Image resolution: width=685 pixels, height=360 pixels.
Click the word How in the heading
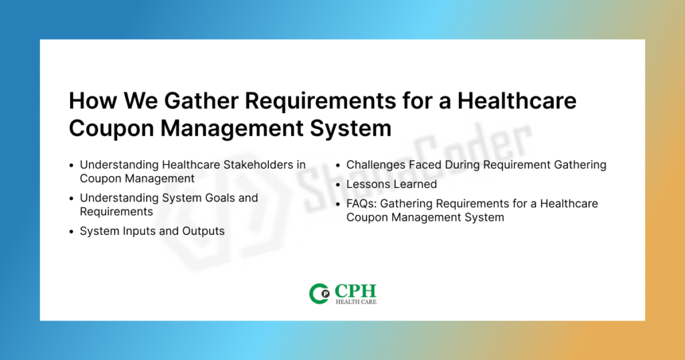click(x=93, y=101)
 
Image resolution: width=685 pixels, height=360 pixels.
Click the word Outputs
click(x=203, y=231)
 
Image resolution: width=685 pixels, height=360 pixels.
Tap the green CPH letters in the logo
click(x=356, y=290)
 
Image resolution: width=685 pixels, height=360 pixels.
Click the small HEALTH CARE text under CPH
click(x=356, y=302)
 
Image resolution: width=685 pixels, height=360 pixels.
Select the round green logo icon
click(x=319, y=294)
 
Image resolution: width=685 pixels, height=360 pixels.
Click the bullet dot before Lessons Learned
click(x=338, y=185)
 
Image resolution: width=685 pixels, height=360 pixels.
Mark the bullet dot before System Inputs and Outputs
click(x=72, y=232)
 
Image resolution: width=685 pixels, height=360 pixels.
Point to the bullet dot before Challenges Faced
click(x=338, y=166)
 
